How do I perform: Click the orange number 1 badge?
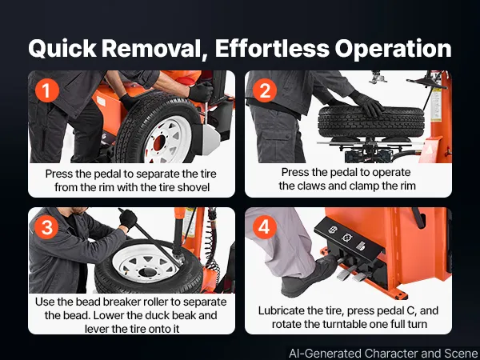tap(47, 90)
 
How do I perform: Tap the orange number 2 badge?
tap(265, 90)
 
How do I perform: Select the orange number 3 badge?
tap(47, 227)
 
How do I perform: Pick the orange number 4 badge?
tap(265, 227)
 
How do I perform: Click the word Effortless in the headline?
tap(272, 48)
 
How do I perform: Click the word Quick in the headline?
tap(62, 49)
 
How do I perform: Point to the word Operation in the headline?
tap(393, 49)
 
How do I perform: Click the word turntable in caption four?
tap(343, 324)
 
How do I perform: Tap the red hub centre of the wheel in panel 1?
tap(159, 143)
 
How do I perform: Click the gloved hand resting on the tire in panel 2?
tap(368, 103)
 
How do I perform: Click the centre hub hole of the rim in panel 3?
tap(147, 272)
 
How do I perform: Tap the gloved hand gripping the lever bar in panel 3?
tap(128, 219)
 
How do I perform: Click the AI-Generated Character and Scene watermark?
tap(383, 354)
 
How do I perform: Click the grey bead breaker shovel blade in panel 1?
tap(210, 140)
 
